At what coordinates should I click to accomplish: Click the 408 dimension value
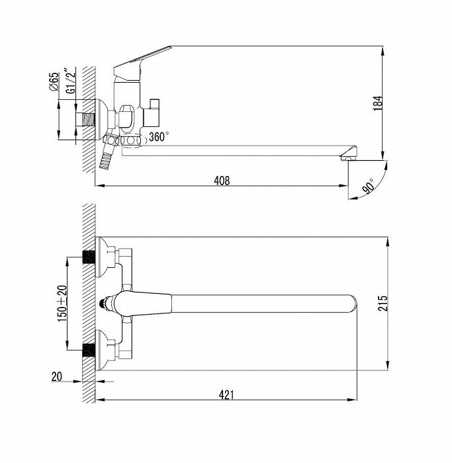point(222,181)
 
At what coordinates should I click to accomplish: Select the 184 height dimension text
point(378,103)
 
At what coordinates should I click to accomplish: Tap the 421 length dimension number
point(226,394)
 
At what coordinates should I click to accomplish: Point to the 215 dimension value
point(383,303)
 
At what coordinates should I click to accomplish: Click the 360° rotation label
point(159,137)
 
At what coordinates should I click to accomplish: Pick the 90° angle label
point(368,186)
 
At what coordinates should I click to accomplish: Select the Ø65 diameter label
point(54,82)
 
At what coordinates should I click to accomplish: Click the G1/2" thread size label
point(70,81)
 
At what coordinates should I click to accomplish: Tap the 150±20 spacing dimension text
point(62,303)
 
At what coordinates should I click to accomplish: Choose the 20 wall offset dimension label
point(57,376)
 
